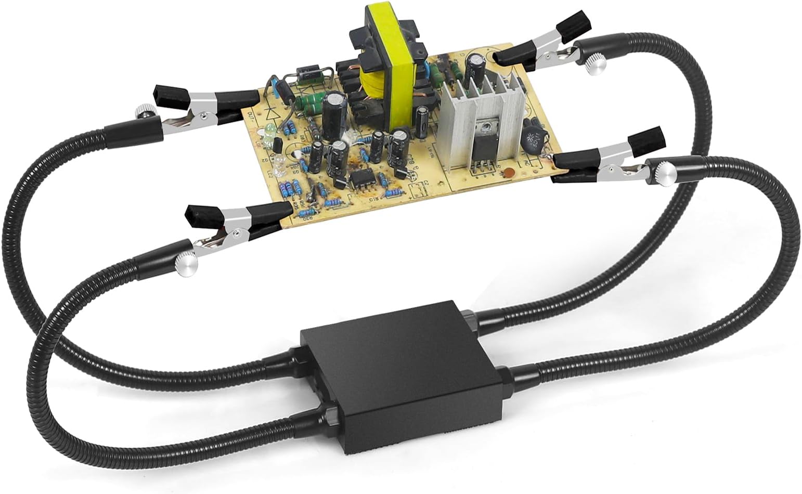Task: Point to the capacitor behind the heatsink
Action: (x=474, y=68)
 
